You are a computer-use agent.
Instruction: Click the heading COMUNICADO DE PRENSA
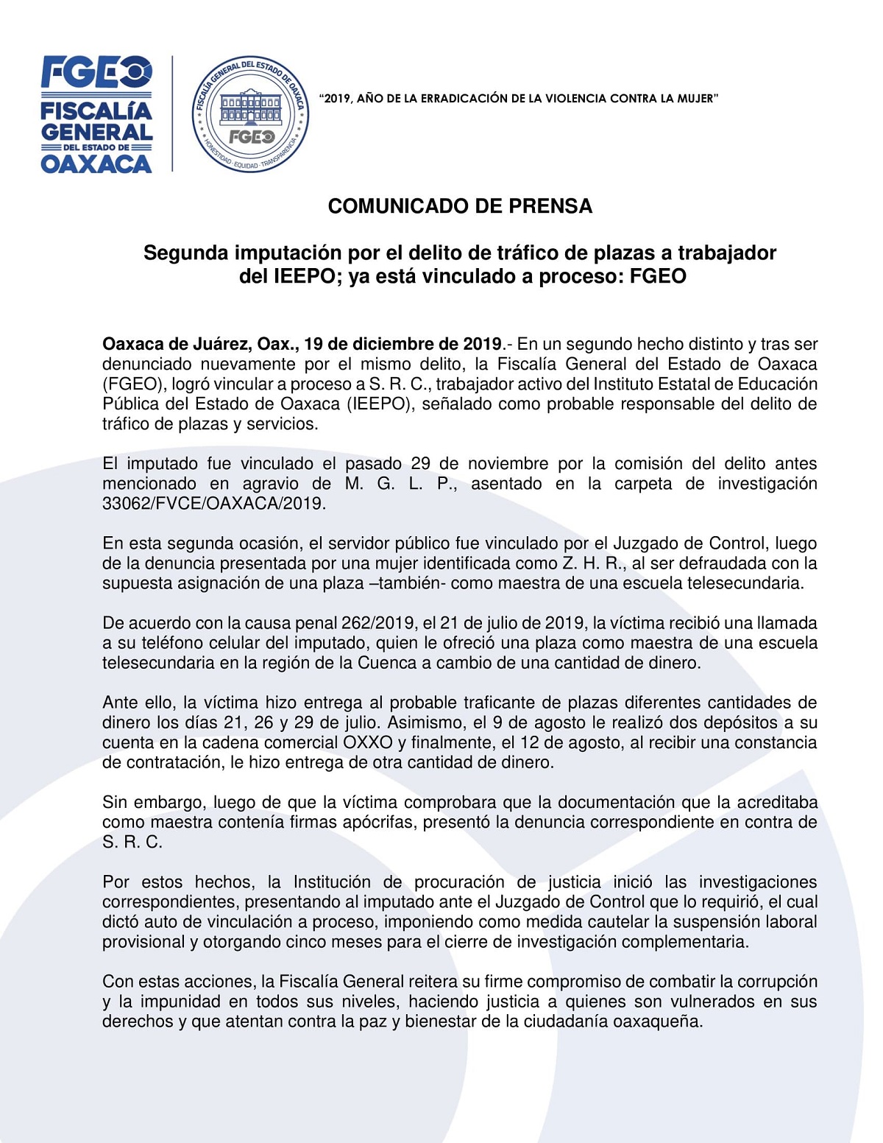(460, 206)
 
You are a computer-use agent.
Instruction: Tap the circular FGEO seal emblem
(250, 114)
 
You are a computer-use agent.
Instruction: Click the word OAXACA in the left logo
(96, 163)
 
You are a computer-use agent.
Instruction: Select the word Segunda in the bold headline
(186, 253)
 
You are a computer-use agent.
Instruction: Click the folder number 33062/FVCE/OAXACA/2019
(213, 504)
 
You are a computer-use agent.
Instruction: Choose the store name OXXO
(367, 742)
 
